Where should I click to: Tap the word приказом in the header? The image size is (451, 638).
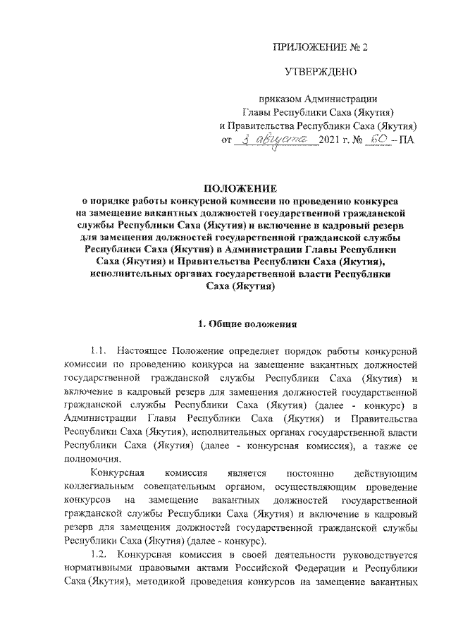click(x=280, y=99)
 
